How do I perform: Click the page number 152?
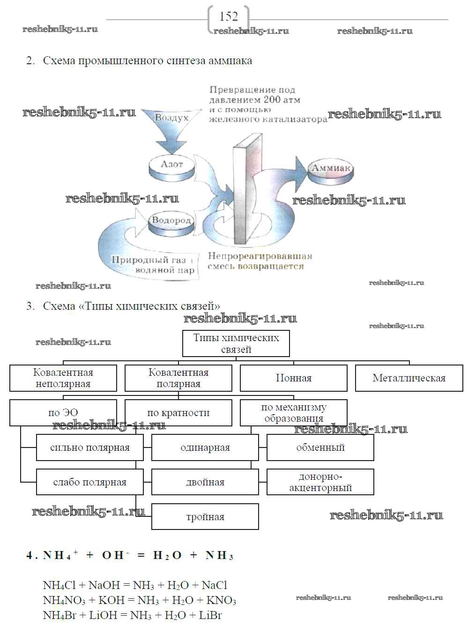(x=228, y=16)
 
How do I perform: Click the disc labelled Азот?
(x=171, y=165)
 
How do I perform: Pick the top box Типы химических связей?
(x=236, y=343)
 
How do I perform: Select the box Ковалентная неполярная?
(x=63, y=378)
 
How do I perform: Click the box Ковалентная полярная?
(x=178, y=378)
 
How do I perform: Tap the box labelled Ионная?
(x=294, y=378)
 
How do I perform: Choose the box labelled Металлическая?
(x=409, y=378)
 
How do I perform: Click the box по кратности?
(x=178, y=413)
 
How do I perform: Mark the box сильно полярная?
(x=90, y=447)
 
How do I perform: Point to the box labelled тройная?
(x=205, y=517)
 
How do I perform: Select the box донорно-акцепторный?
(x=320, y=482)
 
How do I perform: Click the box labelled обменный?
(x=320, y=447)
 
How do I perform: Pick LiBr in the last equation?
(x=210, y=615)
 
